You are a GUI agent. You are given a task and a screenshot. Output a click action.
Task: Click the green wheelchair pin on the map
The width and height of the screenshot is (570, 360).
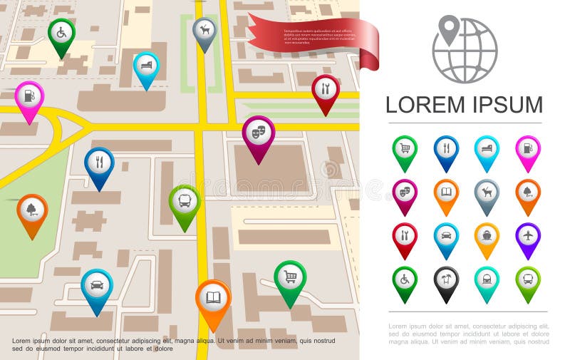tap(61, 33)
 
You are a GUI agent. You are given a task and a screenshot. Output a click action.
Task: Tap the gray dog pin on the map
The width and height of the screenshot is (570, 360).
tap(204, 31)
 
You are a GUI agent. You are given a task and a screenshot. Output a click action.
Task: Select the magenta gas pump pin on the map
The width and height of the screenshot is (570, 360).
tap(29, 96)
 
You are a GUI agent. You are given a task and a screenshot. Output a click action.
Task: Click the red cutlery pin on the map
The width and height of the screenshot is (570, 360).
tap(325, 89)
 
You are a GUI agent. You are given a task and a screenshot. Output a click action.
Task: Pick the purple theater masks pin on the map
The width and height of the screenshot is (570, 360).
tap(258, 132)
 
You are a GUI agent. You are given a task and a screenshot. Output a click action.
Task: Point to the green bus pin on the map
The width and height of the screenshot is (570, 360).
tap(185, 201)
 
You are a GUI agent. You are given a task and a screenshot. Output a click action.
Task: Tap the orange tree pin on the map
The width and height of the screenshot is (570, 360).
tap(32, 210)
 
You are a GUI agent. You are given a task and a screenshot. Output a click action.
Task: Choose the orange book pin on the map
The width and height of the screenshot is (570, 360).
tap(213, 297)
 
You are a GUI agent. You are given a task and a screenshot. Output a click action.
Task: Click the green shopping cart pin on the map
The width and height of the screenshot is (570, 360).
tap(290, 277)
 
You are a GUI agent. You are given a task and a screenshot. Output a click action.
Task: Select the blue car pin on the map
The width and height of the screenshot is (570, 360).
tap(97, 285)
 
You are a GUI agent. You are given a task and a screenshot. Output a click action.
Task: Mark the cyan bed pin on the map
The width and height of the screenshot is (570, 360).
tap(146, 66)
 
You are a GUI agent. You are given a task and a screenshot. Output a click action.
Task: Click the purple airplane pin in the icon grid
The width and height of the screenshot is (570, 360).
tap(528, 236)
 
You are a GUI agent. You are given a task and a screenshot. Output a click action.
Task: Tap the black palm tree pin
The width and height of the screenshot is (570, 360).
tap(447, 280)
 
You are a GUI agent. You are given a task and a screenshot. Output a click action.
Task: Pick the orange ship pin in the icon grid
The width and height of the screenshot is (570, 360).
tap(487, 236)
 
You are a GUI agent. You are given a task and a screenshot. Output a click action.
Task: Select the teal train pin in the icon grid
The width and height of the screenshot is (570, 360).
tap(487, 280)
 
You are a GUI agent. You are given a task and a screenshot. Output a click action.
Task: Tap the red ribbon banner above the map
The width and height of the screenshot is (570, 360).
tap(313, 36)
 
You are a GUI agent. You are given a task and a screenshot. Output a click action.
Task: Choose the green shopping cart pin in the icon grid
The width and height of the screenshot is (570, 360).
tap(405, 149)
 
